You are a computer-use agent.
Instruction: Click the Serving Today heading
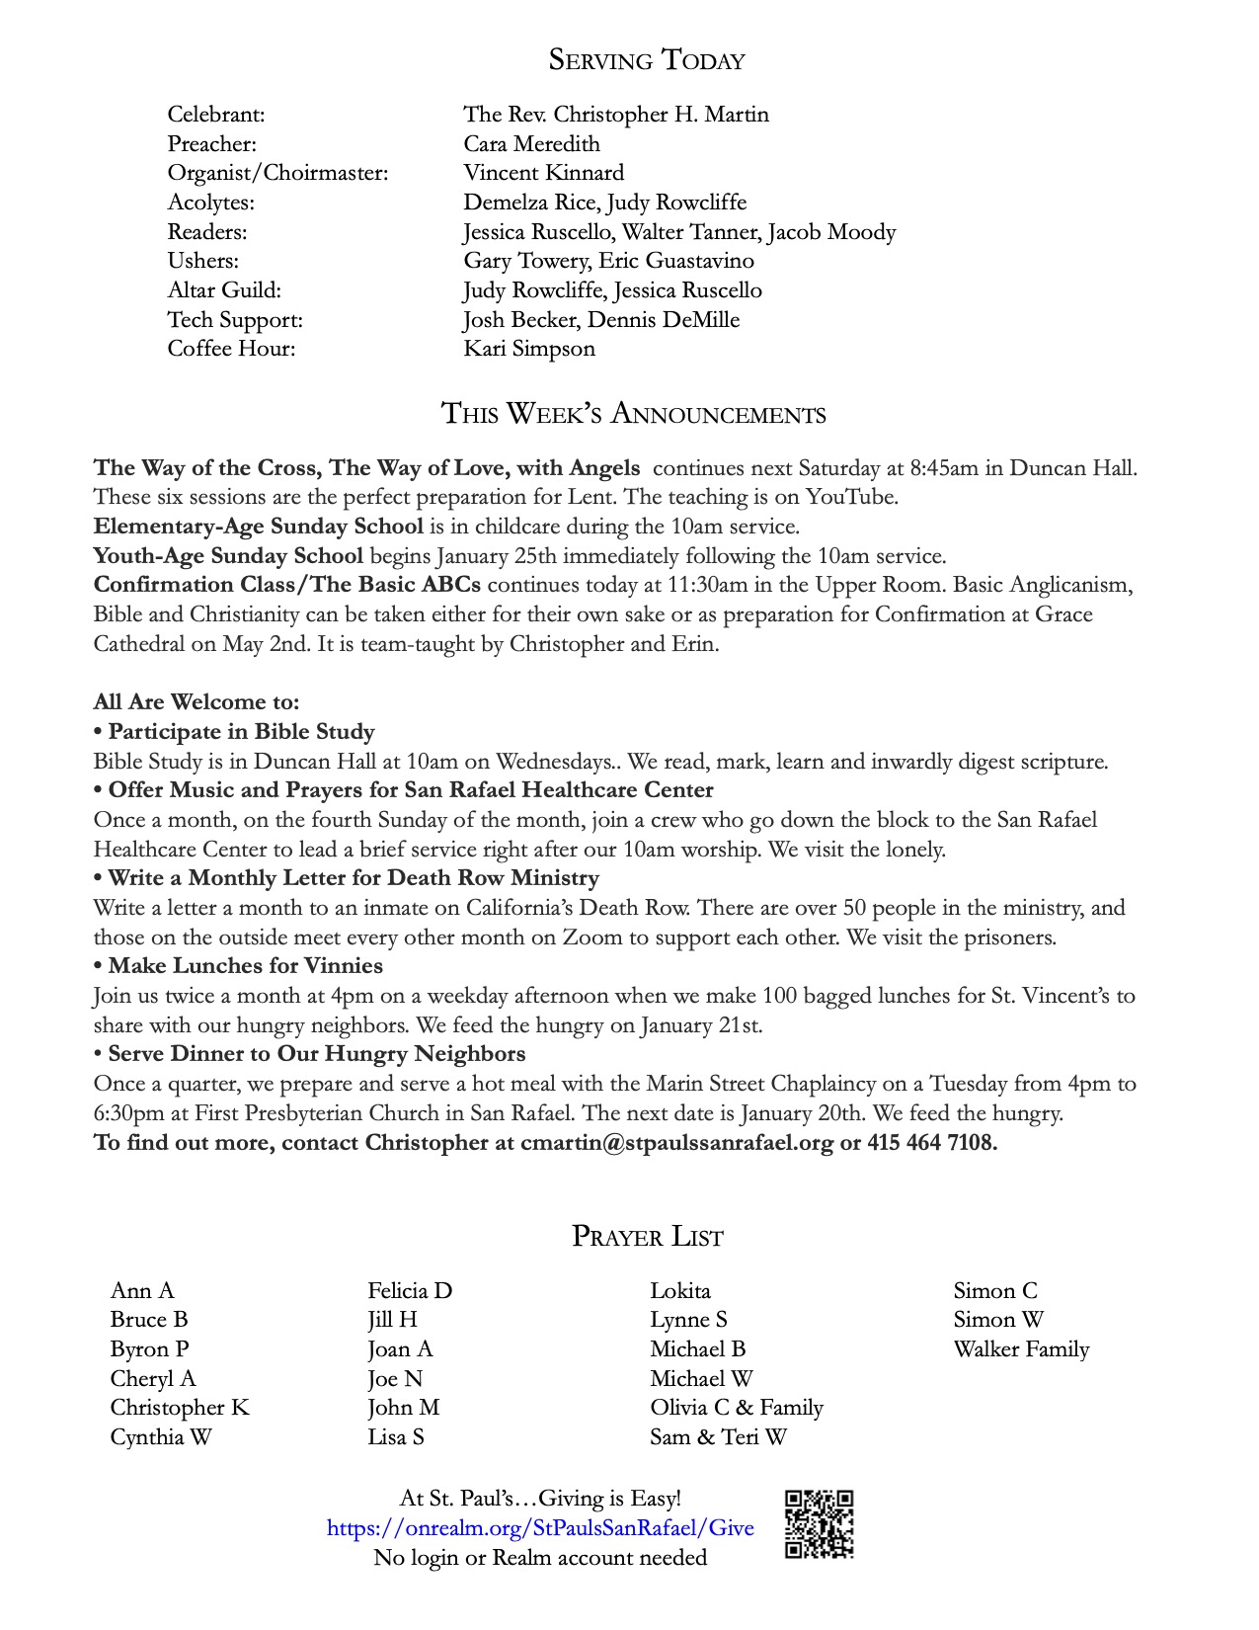(647, 60)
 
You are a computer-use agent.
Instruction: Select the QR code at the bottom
(819, 1524)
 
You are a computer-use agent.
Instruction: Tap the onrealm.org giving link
(540, 1528)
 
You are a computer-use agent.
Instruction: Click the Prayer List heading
(647, 1237)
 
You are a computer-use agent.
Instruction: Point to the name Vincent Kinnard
(544, 173)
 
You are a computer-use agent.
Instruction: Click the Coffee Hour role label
(231, 349)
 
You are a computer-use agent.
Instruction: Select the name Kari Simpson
(529, 349)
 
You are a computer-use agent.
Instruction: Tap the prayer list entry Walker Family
(1021, 1349)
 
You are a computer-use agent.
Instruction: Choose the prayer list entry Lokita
(680, 1291)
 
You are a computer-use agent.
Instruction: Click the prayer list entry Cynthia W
(161, 1437)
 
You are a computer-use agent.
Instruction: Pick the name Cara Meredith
(531, 144)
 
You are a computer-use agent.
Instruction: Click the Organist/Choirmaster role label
(277, 173)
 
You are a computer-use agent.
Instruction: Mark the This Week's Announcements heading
(633, 414)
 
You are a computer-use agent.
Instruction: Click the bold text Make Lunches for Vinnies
(246, 966)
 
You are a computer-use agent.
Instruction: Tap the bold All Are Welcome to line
(197, 702)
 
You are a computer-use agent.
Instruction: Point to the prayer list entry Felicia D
(410, 1291)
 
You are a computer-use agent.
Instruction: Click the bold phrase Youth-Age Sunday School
(228, 556)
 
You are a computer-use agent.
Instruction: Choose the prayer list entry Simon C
(995, 1291)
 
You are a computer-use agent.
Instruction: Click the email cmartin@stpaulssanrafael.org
(676, 1143)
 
